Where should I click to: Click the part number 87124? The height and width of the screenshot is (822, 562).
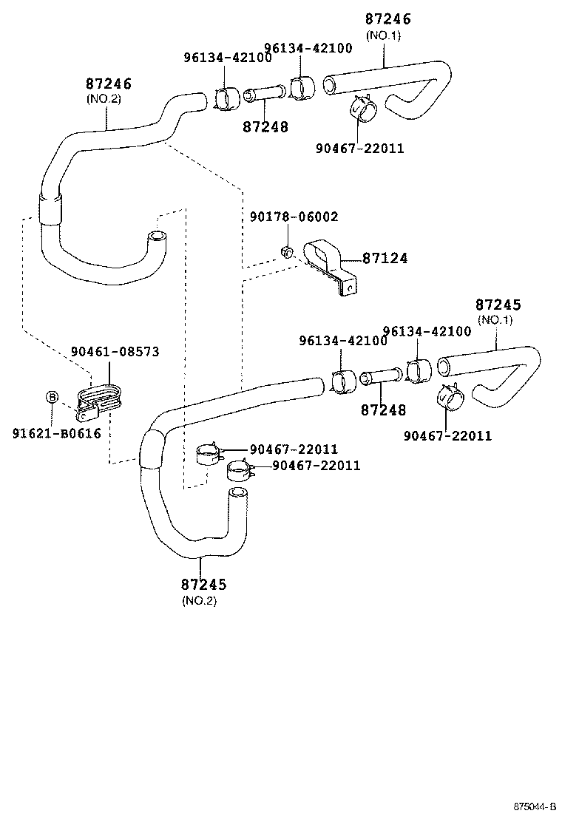pos(385,259)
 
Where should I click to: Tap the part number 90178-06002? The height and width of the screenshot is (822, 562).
pos(294,217)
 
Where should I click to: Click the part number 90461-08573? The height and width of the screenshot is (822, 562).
pos(115,352)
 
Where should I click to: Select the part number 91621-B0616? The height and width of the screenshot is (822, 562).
pos(56,433)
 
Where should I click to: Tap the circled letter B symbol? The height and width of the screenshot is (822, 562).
pos(52,397)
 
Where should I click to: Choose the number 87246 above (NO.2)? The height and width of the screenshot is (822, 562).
pos(108,84)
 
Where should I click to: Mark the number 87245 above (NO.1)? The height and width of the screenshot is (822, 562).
pos(498,305)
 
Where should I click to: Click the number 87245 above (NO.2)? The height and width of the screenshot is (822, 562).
pos(203,585)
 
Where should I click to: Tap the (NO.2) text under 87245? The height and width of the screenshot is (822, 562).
pos(199,600)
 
